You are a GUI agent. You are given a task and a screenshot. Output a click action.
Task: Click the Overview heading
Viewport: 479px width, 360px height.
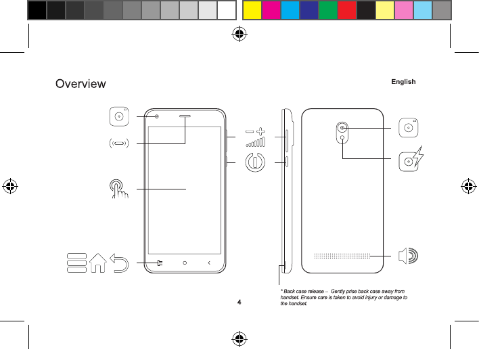pyautogui.click(x=81, y=84)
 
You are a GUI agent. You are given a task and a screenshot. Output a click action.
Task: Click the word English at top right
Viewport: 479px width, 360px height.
pyautogui.click(x=403, y=82)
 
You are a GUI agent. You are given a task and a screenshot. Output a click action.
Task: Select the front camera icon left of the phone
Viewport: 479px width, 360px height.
pyautogui.click(x=119, y=116)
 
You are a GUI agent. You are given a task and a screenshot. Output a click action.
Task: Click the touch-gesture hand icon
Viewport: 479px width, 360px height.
pyautogui.click(x=119, y=189)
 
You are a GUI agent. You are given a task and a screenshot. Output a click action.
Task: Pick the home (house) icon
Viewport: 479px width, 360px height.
pyautogui.click(x=97, y=262)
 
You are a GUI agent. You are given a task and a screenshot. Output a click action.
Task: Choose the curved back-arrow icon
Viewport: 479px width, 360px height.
pyautogui.click(x=120, y=262)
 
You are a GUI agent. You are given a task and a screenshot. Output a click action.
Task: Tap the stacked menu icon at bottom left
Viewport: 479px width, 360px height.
pyautogui.click(x=76, y=263)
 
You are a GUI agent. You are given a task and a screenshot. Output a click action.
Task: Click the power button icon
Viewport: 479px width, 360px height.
pyautogui.click(x=254, y=162)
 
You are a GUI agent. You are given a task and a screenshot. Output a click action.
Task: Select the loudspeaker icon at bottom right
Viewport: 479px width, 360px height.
pyautogui.click(x=408, y=256)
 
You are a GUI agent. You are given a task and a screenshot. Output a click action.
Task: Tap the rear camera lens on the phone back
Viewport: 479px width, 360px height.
pyautogui.click(x=344, y=127)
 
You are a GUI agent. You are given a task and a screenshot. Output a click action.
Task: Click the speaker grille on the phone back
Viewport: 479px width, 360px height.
pyautogui.click(x=342, y=256)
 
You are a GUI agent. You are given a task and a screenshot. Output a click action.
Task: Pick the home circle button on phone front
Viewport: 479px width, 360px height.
pyautogui.click(x=185, y=263)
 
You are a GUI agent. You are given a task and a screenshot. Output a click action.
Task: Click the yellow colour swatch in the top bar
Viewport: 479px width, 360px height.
pyautogui.click(x=252, y=9)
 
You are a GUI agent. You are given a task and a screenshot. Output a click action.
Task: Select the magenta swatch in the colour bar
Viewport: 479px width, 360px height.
pyautogui.click(x=271, y=9)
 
